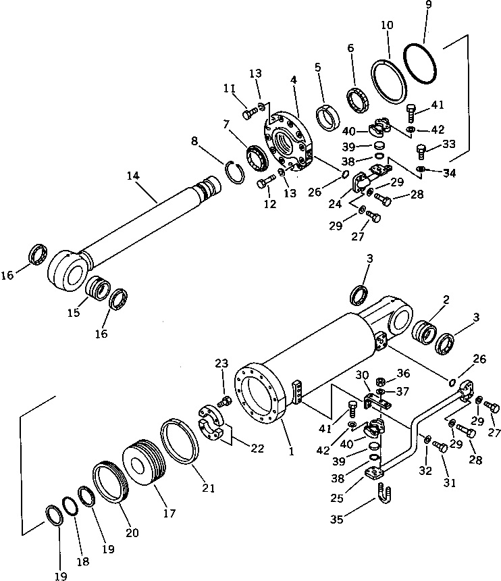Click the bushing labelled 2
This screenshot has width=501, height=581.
point(425,334)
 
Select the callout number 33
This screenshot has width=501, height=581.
point(448,144)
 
